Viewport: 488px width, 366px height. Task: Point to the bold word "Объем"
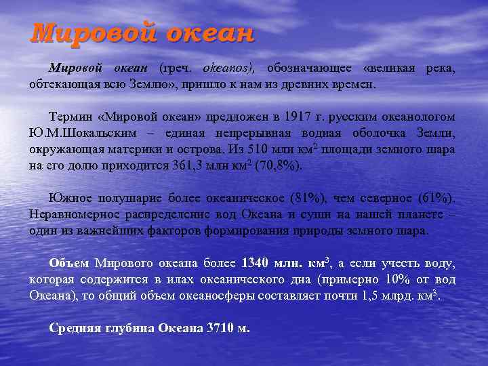pyautogui.click(x=70, y=262)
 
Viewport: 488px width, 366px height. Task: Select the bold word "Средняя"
pyautogui.click(x=76, y=327)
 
